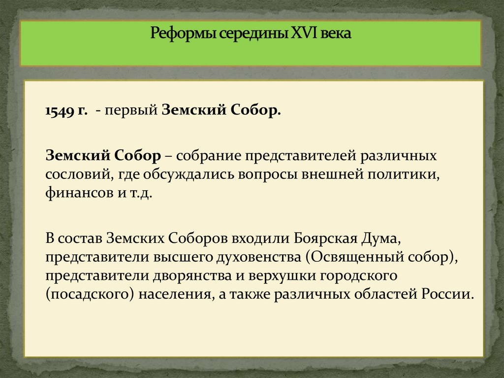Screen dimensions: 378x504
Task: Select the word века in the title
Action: point(338,35)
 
